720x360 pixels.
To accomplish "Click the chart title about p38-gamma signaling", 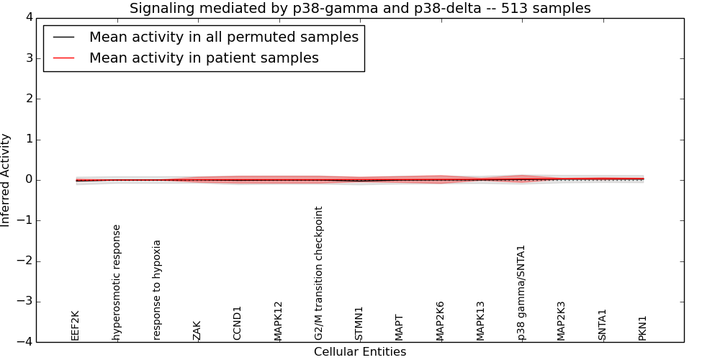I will tap(360, 9).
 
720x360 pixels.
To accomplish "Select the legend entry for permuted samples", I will tap(223, 37).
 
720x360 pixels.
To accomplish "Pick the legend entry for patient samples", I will tap(204, 58).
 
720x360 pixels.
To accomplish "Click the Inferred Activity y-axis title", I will tap(6, 180).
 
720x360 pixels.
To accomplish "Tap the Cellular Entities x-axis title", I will tap(360, 352).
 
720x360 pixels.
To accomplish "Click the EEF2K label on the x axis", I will tap(76, 325).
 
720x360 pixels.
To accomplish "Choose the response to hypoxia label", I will tap(157, 289).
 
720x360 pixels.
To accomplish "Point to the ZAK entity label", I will tap(197, 330).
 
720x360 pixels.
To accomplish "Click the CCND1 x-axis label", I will tap(238, 323).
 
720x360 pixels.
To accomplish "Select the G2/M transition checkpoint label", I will tap(319, 274).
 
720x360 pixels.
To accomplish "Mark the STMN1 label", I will tap(359, 323).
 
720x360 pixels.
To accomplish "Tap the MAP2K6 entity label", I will tap(440, 321).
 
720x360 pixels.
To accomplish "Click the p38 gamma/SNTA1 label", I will tap(521, 292).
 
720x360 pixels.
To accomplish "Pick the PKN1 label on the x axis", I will tap(643, 328).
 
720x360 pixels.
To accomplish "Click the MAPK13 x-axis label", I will tap(481, 321).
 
